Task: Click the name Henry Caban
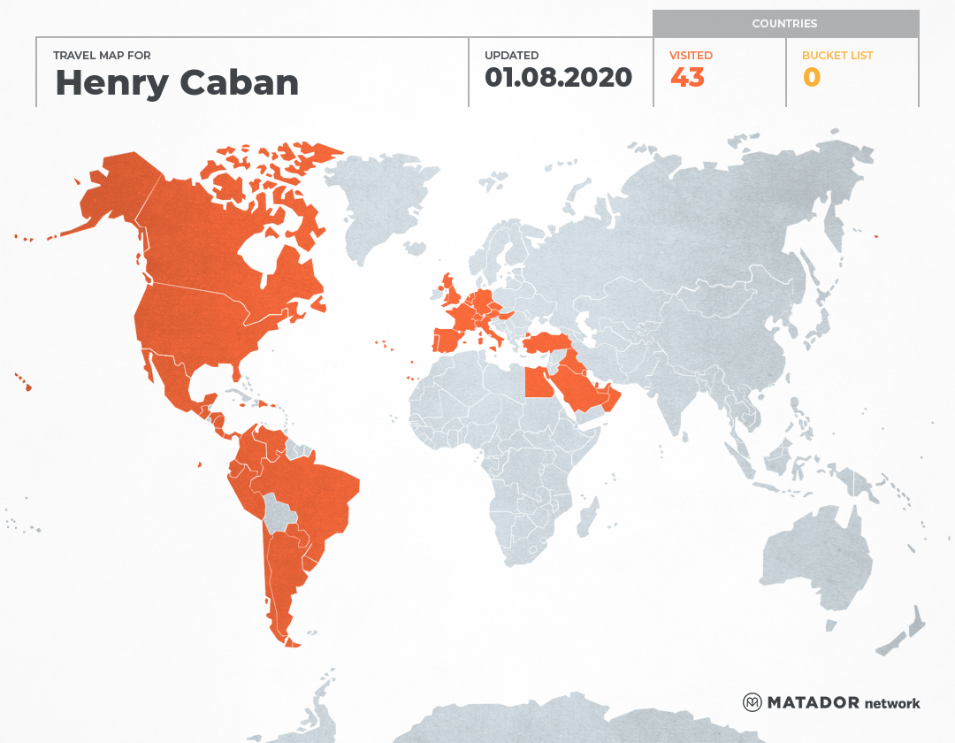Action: coord(177,83)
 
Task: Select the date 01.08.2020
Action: coord(558,78)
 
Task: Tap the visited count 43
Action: coord(687,78)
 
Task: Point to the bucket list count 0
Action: coord(811,78)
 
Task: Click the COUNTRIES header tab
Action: coord(784,24)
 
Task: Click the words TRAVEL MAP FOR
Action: coord(102,55)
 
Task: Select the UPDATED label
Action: coord(511,55)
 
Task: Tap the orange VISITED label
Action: coord(691,55)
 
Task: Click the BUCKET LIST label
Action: coord(837,55)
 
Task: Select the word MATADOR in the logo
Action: coord(813,702)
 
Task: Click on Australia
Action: coord(814,557)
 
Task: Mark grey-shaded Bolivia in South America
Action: coord(280,513)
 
